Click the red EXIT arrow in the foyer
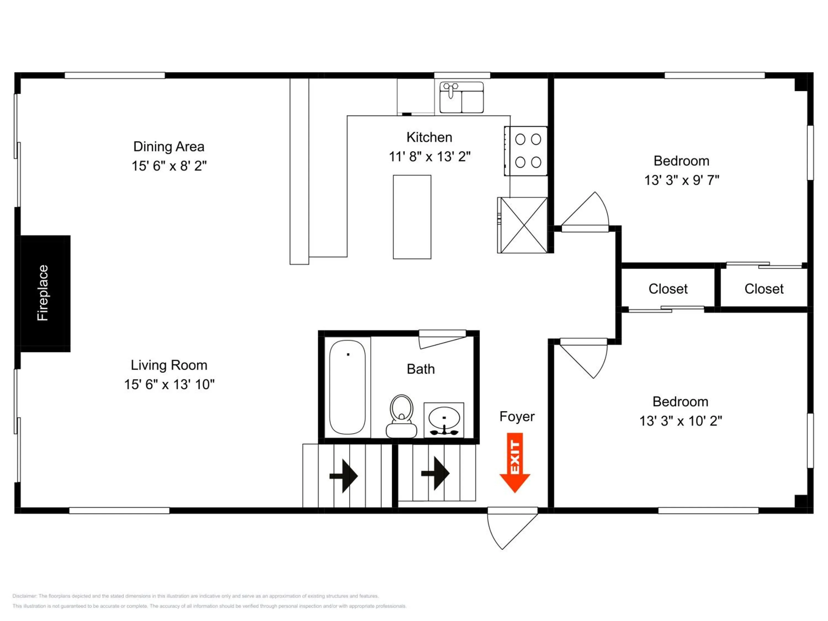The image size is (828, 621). (515, 462)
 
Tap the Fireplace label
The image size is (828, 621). (43, 293)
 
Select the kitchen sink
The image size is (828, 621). (461, 98)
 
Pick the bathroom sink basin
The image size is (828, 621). (444, 418)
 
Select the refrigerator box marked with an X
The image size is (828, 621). (524, 225)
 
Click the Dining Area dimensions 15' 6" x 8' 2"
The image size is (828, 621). (169, 166)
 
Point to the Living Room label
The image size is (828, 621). (169, 365)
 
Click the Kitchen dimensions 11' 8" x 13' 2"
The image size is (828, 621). (429, 156)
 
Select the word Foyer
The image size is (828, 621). (517, 416)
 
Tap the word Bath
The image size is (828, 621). (421, 369)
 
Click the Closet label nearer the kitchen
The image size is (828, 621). (668, 289)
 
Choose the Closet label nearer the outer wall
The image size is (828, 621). (764, 289)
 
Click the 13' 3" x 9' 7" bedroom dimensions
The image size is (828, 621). (681, 180)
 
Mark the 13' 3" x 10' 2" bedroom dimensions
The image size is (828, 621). (681, 421)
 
